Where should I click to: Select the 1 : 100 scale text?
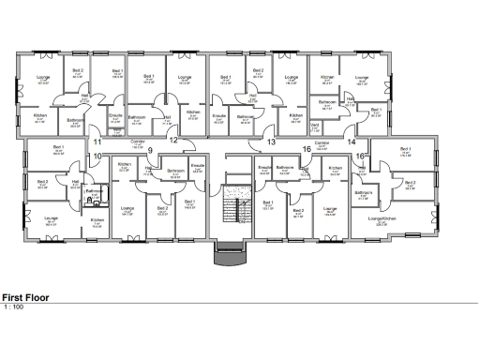[x=13, y=307]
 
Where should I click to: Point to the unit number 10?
[x=97, y=156]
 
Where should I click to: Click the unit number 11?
[x=97, y=142]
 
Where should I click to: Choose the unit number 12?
[x=173, y=141]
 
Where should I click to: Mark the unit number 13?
[x=271, y=142]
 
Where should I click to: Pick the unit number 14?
[x=352, y=142]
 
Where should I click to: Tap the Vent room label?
[x=315, y=125]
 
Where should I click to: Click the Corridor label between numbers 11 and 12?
[x=137, y=142]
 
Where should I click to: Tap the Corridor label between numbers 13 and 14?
[x=322, y=143]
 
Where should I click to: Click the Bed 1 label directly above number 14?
[x=376, y=111]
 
